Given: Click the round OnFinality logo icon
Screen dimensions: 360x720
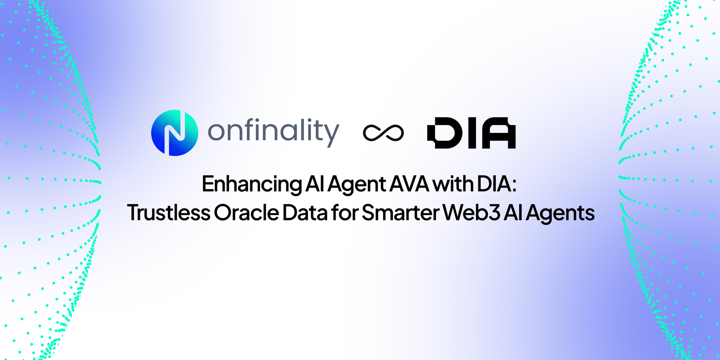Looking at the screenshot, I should tap(175, 133).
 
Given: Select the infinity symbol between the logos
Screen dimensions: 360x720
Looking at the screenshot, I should tap(383, 133).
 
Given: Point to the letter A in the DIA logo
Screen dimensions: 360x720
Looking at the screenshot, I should tap(499, 133).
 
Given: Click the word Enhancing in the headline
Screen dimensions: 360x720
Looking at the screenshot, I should tap(252, 184).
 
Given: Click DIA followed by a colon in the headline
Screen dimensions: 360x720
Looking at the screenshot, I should tap(497, 184).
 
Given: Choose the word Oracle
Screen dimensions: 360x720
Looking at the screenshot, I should tap(246, 212).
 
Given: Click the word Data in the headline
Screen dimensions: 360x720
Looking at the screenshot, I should tap(305, 212).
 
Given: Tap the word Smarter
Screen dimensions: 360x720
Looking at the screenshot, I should tap(400, 212).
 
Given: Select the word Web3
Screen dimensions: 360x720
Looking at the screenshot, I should tap(471, 212).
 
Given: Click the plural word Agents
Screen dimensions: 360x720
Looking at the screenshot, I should tap(560, 213).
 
